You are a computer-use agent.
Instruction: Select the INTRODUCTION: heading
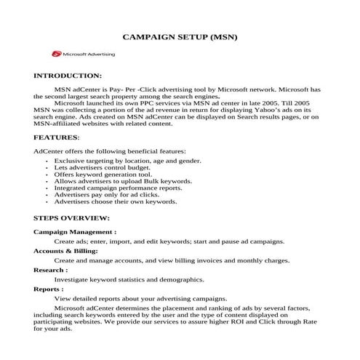(68, 76)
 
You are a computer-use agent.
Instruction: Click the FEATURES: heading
(57, 137)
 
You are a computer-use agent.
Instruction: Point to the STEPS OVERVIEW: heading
(72, 217)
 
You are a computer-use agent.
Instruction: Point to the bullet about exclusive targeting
(127, 160)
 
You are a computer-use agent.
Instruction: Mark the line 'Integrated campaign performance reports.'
(119, 188)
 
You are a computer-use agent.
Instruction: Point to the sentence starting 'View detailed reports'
(141, 298)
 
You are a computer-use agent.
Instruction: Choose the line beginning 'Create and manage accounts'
(172, 260)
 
